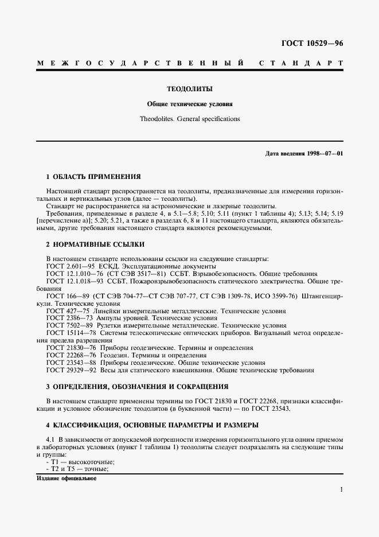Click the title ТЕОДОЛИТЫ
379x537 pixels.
click(189, 89)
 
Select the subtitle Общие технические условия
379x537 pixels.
click(189, 104)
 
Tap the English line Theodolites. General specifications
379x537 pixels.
click(189, 119)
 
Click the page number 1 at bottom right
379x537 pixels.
click(341, 491)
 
